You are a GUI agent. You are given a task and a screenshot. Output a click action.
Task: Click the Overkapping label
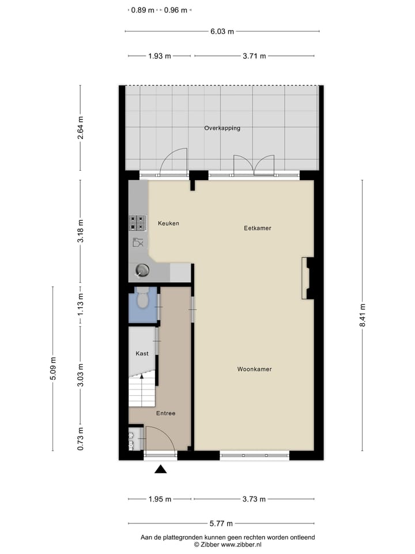pos(222,128)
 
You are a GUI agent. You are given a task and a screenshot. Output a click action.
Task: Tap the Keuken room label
pos(168,223)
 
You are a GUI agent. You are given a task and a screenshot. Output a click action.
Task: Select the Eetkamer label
pos(257,228)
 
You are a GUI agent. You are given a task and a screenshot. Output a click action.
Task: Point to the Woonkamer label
pos(254,369)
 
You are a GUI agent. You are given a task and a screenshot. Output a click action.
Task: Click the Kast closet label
pos(142,353)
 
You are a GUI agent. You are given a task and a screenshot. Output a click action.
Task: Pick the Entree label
pos(165,413)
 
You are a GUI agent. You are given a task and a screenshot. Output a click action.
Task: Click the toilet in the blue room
pos(142,299)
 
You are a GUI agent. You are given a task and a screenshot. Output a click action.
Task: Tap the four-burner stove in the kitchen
pos(138,223)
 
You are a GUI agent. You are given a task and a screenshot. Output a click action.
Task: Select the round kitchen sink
pos(142,269)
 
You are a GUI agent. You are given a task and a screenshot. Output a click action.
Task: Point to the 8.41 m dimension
pos(363,315)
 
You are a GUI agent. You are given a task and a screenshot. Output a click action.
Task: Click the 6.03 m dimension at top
pos(222,32)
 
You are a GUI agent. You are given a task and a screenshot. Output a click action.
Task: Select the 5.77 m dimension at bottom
pos(221,523)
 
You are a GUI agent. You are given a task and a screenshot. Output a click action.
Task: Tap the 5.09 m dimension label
pos(53,369)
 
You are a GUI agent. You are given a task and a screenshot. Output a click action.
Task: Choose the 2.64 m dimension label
pos(80,128)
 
